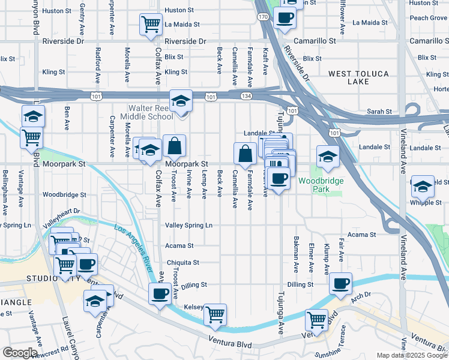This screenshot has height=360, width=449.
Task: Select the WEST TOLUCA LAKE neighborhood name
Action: coord(358,77)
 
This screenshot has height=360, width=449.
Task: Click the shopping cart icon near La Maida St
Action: coord(150,24)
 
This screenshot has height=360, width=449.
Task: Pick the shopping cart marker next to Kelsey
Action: coord(215,313)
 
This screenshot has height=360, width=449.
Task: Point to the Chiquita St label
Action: coord(182,263)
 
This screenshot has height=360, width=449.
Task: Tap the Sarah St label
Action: coord(379,112)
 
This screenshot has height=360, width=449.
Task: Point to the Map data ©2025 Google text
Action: coord(412,355)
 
